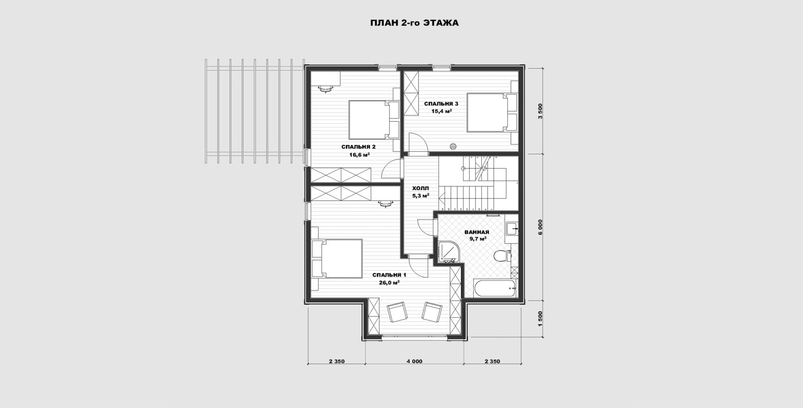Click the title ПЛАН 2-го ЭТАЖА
coord(414,23)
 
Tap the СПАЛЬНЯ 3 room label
coord(441,104)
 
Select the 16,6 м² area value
coord(359,155)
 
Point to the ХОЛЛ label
coord(421,188)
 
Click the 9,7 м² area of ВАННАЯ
coord(477,239)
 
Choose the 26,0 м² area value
coord(389,282)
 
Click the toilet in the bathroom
coord(502,256)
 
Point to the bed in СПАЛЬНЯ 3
coord(492,113)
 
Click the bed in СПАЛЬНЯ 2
coord(374,119)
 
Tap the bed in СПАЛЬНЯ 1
coord(86,259)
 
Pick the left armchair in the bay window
coord(397,312)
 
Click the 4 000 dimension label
coord(414,361)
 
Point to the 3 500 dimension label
coord(540,111)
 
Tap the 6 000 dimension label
coord(540,227)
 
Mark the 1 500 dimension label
coord(540,319)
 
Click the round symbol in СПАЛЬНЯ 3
coord(453,146)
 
